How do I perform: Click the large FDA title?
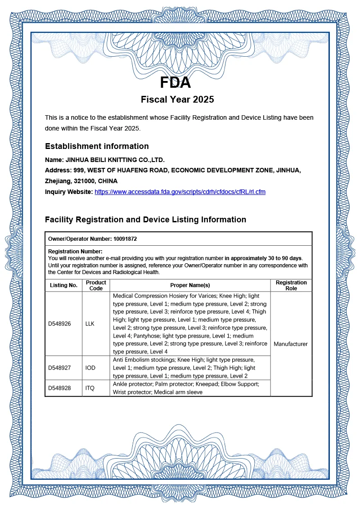click(175, 83)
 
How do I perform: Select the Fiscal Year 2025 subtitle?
click(177, 99)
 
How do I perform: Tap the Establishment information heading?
click(97, 146)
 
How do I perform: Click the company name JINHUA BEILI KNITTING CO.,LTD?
click(115, 160)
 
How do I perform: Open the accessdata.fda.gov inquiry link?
click(180, 192)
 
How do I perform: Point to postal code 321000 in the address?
click(85, 181)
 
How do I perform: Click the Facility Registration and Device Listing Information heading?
click(145, 220)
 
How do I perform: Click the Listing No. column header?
click(63, 285)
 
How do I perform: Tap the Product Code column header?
click(96, 285)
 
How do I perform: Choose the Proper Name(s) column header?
click(190, 285)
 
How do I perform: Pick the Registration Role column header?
click(291, 285)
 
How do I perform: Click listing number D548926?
click(59, 324)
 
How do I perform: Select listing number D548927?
click(59, 368)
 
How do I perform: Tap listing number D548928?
click(59, 388)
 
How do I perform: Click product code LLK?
click(90, 324)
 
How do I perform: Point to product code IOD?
click(90, 368)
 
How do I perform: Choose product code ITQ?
click(90, 388)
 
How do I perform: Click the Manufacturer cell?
click(291, 344)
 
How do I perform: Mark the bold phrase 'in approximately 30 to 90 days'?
click(263, 258)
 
